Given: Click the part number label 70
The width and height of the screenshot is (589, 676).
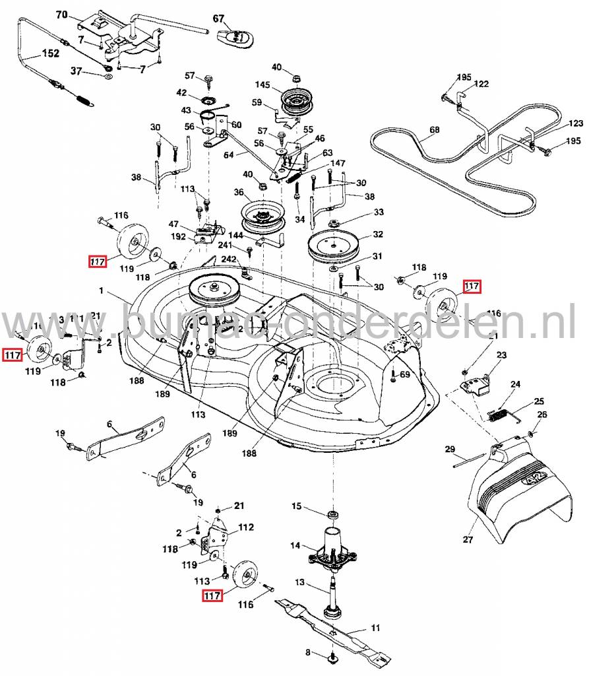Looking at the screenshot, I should point(61,15).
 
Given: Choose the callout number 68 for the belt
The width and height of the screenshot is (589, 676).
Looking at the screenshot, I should point(434,130).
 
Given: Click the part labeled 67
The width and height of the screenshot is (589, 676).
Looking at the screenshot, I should point(235,39).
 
